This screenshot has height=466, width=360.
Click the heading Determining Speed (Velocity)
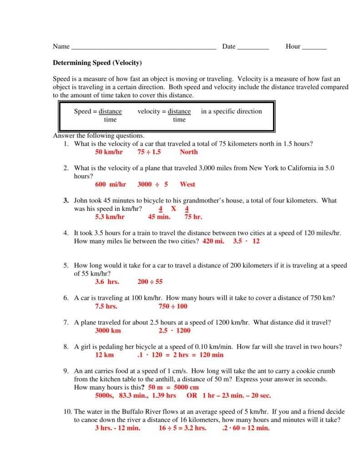(x=97, y=63)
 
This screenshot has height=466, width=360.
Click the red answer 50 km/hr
(x=109, y=152)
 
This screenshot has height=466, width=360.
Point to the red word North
(x=188, y=152)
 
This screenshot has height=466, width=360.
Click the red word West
(x=187, y=184)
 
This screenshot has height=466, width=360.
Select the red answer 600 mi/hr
(x=111, y=184)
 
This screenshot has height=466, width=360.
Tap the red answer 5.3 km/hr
(x=110, y=217)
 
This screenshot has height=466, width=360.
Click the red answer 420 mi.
(x=213, y=241)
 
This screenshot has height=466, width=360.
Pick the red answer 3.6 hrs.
(x=107, y=282)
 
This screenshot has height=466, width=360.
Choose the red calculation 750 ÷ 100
(x=172, y=306)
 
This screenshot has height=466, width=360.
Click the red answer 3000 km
(x=108, y=330)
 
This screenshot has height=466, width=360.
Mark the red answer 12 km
(x=104, y=355)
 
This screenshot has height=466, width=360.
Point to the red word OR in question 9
(x=192, y=395)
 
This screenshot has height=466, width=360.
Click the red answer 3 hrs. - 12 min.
(x=117, y=428)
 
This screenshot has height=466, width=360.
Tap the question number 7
(x=66, y=323)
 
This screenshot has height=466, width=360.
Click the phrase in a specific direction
(x=231, y=111)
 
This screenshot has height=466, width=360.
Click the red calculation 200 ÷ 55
(x=150, y=282)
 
